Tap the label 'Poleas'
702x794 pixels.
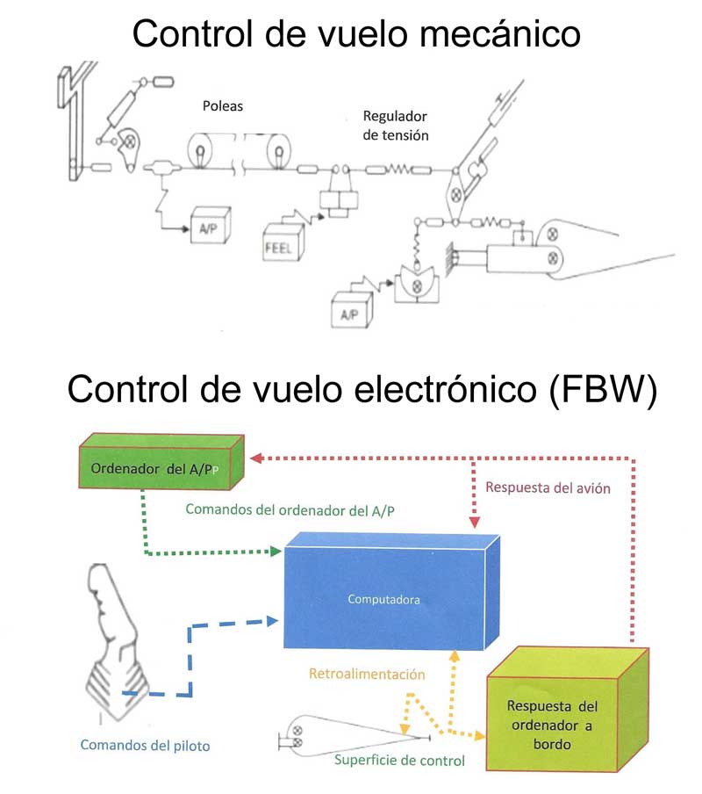[x=221, y=107]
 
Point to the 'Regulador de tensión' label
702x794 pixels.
[x=395, y=126]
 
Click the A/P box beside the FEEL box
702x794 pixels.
[x=208, y=228]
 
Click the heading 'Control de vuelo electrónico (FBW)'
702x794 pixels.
[x=361, y=389]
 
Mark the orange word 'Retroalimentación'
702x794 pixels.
[x=367, y=675]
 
